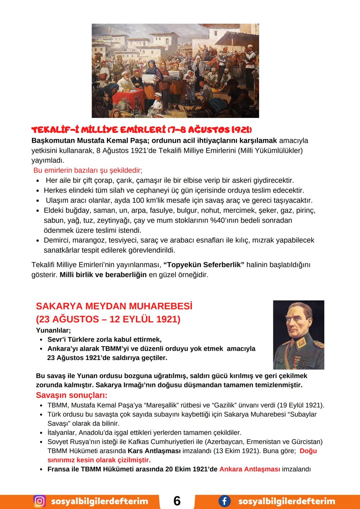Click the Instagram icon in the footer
[x=39, y=501]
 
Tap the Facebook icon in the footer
[x=224, y=501]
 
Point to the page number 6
[x=177, y=501]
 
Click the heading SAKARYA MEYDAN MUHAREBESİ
[x=114, y=306]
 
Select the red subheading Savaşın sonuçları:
[x=72, y=395]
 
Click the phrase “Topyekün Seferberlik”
[x=204, y=265]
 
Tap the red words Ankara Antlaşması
[x=250, y=469]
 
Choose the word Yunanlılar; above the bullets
[x=53, y=330]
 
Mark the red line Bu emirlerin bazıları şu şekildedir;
[x=88, y=170]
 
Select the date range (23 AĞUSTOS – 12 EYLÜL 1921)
[x=108, y=319]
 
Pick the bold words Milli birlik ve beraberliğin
[x=103, y=275]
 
